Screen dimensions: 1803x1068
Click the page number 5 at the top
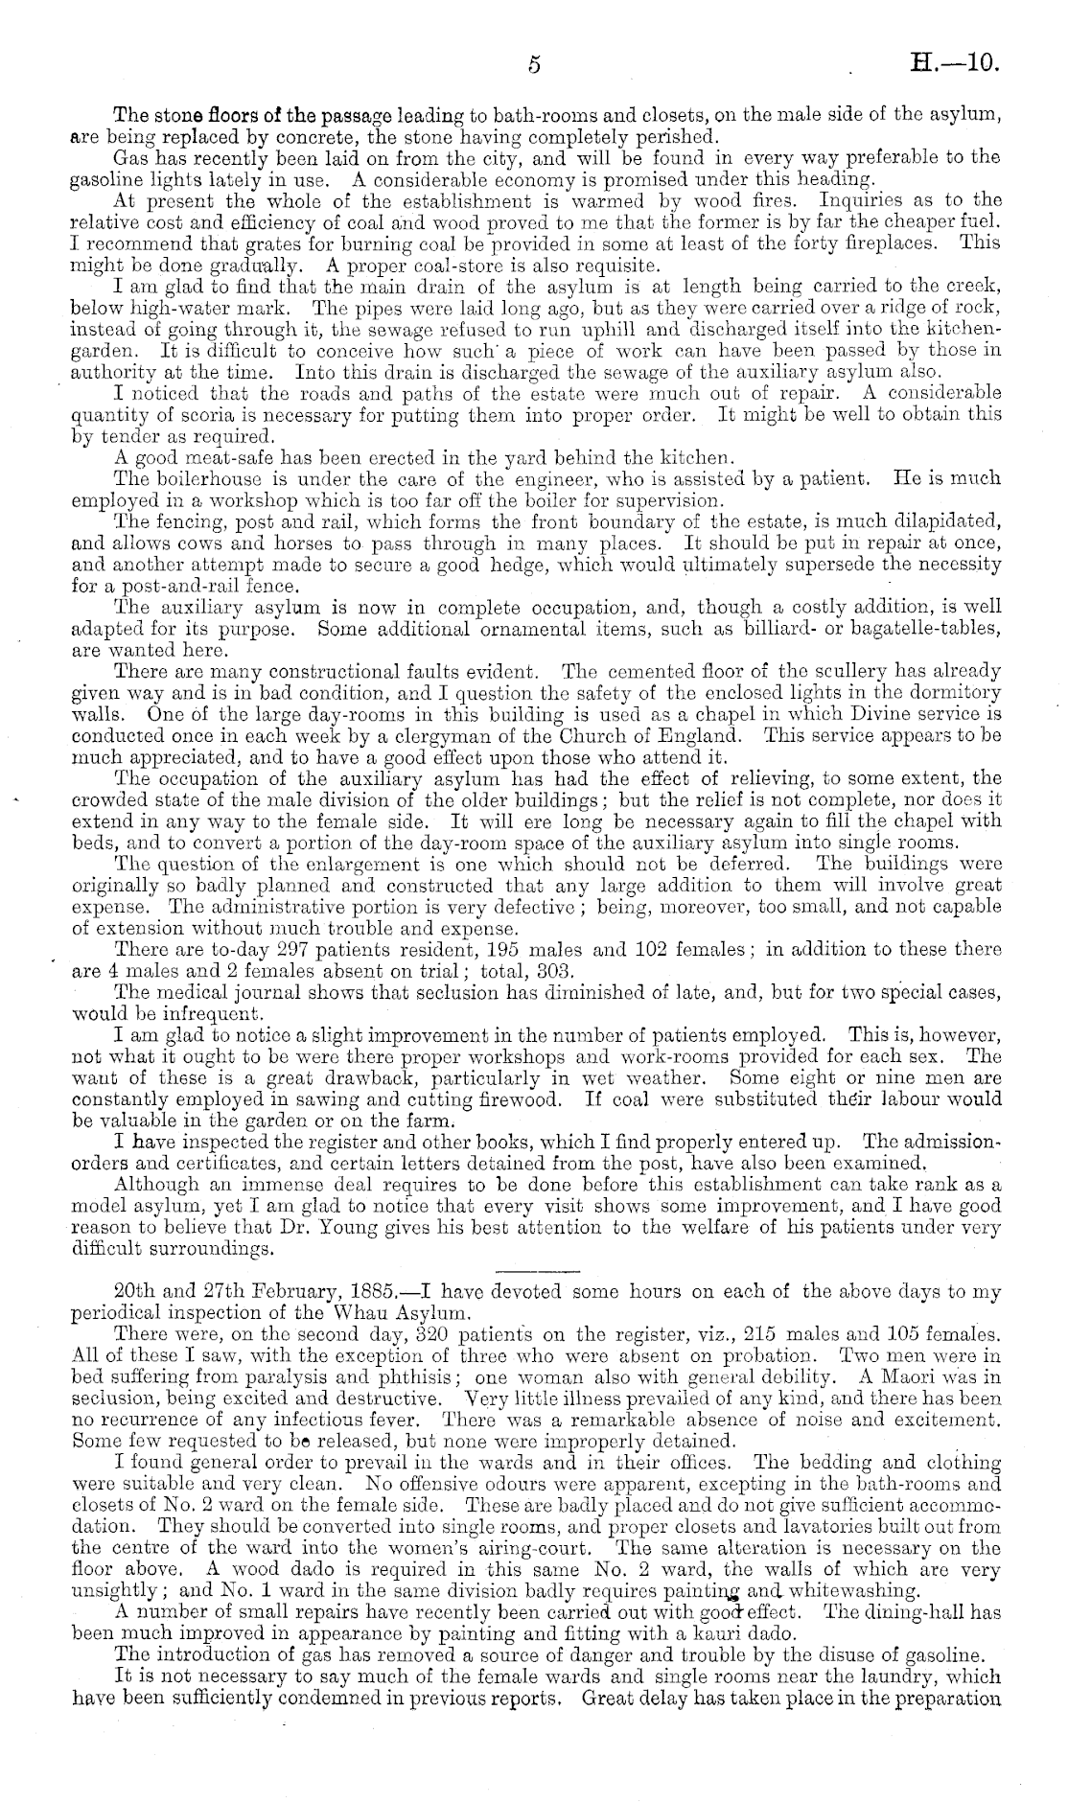[535, 64]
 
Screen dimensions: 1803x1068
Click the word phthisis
[383, 1375]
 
